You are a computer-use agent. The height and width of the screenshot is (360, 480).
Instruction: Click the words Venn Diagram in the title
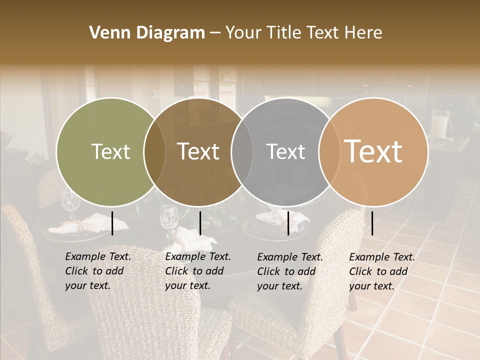[147, 33]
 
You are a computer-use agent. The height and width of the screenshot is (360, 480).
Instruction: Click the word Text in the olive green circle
[110, 152]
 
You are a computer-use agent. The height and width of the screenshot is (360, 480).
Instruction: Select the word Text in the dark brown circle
[198, 152]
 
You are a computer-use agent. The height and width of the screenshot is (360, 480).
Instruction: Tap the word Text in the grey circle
[285, 152]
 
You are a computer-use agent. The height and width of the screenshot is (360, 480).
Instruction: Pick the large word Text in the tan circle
[373, 151]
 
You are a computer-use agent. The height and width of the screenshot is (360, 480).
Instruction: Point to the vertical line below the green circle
[112, 223]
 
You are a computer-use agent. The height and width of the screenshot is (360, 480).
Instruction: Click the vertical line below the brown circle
[200, 223]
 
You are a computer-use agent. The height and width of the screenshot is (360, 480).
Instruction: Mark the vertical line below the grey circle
[288, 223]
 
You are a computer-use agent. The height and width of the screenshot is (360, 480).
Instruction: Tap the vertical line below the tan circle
[372, 223]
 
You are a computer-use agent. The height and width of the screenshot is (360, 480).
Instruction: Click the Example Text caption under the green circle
[97, 271]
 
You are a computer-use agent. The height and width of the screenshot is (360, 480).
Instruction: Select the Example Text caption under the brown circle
[197, 271]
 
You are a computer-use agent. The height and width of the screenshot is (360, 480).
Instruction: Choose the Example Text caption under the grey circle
[289, 271]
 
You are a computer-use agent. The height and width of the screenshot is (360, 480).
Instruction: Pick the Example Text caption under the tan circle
[381, 271]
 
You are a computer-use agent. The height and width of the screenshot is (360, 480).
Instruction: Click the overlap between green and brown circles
[154, 152]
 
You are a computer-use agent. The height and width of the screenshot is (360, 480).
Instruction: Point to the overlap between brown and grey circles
[242, 152]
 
